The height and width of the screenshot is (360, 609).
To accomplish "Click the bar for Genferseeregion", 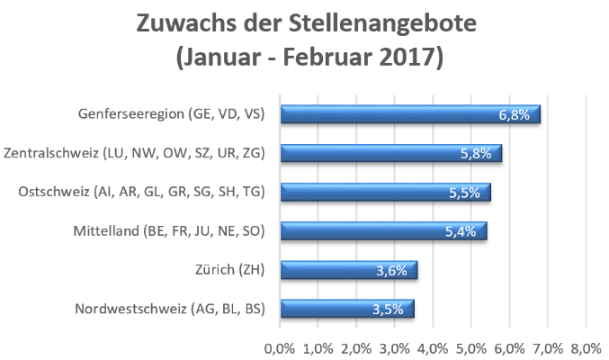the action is click(x=410, y=114).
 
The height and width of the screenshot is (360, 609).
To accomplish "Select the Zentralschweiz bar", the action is click(x=391, y=153).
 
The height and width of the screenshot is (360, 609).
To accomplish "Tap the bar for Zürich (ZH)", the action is click(x=349, y=270).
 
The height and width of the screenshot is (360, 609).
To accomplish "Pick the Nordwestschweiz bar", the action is click(x=347, y=309).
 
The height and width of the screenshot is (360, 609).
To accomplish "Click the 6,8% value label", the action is click(x=515, y=114).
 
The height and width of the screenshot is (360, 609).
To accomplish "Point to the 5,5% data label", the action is click(x=464, y=193).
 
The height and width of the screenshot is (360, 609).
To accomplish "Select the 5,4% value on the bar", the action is click(x=461, y=231).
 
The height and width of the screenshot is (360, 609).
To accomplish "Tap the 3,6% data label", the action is click(x=391, y=270).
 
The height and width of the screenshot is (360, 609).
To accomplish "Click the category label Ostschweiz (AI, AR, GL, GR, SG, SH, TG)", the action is click(x=142, y=192).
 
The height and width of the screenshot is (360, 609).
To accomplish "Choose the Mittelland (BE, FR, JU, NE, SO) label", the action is click(x=169, y=231).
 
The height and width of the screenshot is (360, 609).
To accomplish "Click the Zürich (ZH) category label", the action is click(x=230, y=270).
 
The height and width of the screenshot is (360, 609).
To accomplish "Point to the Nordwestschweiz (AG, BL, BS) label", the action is click(x=170, y=309).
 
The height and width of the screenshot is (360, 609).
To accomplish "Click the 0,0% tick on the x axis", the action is click(x=279, y=348).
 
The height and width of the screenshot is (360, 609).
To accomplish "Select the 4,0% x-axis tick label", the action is click(x=433, y=348).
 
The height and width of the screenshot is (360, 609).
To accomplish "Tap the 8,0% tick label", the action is click(x=586, y=348).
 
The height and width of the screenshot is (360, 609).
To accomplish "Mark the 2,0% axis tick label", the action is click(x=356, y=348).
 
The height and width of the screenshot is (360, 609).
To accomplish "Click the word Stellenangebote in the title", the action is click(x=382, y=24).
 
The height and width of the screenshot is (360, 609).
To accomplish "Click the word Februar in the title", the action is click(x=327, y=57).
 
